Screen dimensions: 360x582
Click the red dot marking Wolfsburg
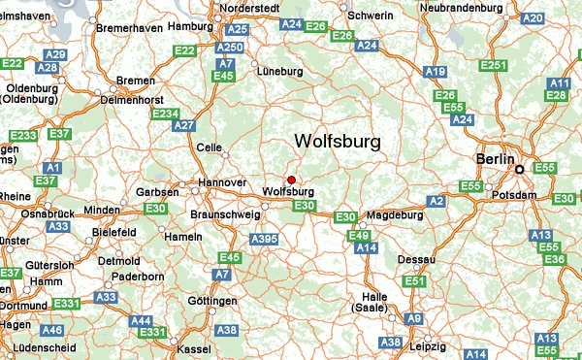291,180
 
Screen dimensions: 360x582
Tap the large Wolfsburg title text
337,142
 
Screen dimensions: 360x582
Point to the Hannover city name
221,182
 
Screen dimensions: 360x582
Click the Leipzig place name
427,346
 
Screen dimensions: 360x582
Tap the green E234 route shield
166,115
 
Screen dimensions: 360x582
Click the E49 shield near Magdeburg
359,236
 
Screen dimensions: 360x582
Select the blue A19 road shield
436,72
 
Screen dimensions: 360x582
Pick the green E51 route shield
415,281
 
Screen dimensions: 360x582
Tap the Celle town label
209,147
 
